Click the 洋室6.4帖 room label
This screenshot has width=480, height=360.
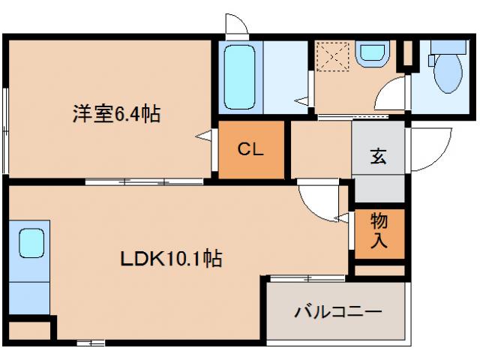tap(115, 114)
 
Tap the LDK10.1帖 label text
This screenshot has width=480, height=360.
tap(171, 259)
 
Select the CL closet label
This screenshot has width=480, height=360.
tap(250, 149)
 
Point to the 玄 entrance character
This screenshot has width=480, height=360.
tap(379, 157)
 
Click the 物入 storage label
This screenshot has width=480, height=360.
tap(379, 230)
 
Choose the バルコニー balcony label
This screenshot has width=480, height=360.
tap(338, 310)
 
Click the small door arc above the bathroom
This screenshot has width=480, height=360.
tap(238, 25)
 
